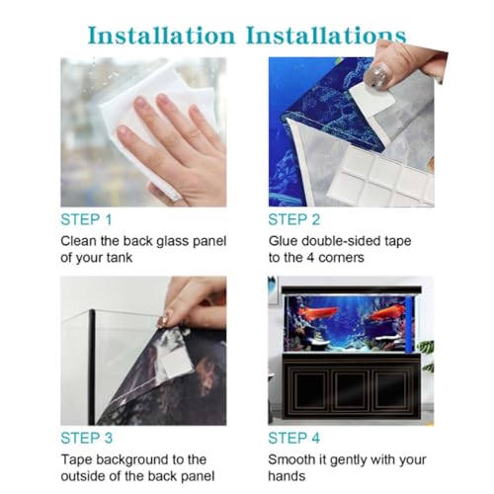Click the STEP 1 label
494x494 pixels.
(x=86, y=219)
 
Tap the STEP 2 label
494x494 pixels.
(x=294, y=219)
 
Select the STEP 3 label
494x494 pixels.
(x=87, y=438)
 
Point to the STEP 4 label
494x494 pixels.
(x=294, y=438)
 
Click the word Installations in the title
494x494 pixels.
(x=326, y=36)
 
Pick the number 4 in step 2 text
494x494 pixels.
(x=310, y=258)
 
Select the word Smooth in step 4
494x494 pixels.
(x=291, y=459)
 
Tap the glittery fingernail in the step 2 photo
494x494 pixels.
(x=378, y=75)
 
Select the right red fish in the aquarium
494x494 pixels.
(x=386, y=312)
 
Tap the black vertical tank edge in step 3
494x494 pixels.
(x=92, y=368)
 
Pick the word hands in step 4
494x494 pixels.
(x=287, y=476)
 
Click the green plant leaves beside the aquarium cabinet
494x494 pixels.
(x=427, y=354)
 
